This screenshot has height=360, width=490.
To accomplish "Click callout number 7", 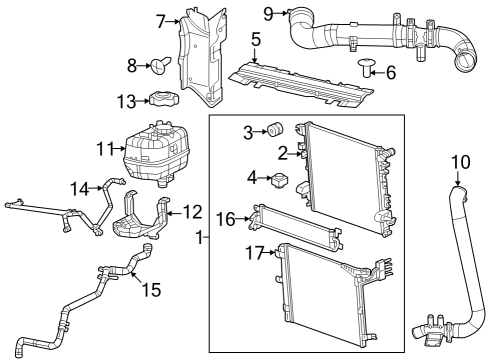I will (x=160, y=21).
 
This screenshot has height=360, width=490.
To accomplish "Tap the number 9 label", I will (x=268, y=13).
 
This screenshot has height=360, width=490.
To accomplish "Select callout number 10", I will (x=459, y=161).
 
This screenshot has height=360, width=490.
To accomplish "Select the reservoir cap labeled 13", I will (x=161, y=101).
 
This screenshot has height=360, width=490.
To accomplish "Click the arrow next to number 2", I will (x=298, y=153).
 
